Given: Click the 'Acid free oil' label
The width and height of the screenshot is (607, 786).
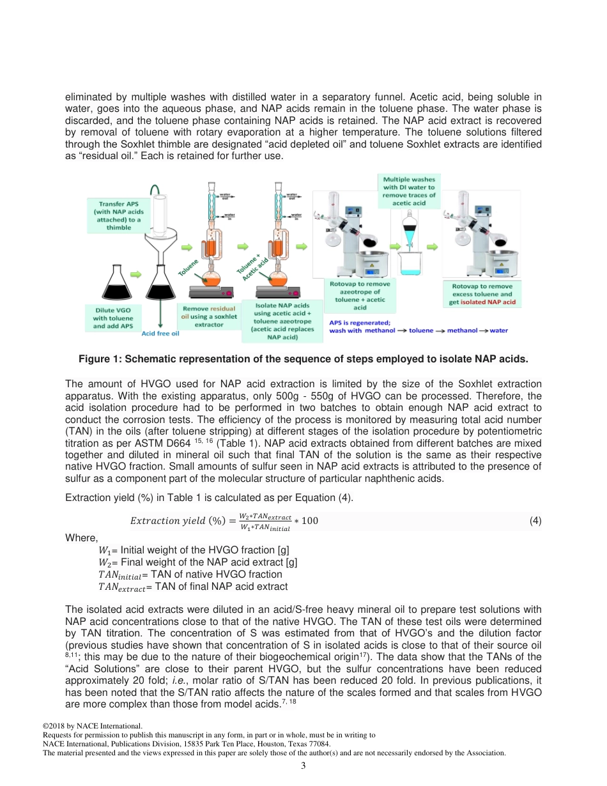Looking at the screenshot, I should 160,333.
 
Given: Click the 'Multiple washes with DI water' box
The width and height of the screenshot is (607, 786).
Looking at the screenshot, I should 410,191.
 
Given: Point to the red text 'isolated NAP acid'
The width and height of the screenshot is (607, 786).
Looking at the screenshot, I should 488,302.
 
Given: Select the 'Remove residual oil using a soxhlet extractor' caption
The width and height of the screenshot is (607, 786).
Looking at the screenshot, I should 209,316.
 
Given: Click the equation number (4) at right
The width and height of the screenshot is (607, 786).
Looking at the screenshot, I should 535,520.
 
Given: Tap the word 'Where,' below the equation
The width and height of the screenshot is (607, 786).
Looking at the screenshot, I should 82,538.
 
